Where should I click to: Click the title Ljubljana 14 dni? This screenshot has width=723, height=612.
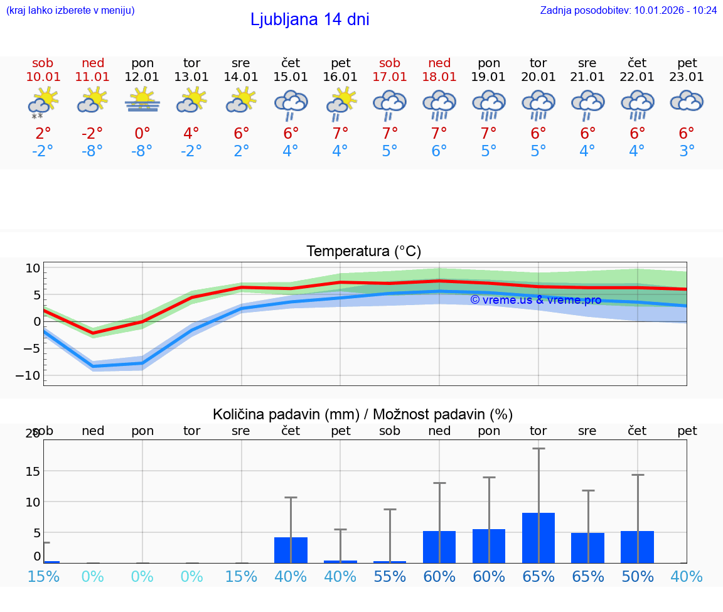(309, 19)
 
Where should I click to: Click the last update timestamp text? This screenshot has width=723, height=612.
(628, 10)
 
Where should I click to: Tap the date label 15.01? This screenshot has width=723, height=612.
(291, 77)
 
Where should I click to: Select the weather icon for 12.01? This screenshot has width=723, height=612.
(142, 100)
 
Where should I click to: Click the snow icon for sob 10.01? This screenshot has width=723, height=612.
(38, 115)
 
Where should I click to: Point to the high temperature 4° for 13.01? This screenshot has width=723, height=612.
(191, 133)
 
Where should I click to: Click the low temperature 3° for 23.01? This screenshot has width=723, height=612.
(687, 151)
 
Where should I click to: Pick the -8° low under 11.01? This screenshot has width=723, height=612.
(92, 151)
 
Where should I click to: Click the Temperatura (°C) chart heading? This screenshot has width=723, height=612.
(363, 252)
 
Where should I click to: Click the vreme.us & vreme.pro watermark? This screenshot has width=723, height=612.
(535, 300)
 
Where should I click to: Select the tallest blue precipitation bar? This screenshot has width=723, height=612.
(538, 537)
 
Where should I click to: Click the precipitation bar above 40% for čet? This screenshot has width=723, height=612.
(291, 550)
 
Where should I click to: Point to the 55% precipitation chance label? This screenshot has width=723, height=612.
(390, 576)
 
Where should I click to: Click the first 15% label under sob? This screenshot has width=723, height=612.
(43, 576)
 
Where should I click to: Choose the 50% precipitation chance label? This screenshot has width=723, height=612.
(638, 576)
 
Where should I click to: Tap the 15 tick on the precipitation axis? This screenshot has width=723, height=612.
(32, 471)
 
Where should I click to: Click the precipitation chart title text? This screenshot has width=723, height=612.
(363, 414)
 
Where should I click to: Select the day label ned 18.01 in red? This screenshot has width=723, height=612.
(439, 70)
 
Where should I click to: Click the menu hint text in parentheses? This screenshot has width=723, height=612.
(70, 10)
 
